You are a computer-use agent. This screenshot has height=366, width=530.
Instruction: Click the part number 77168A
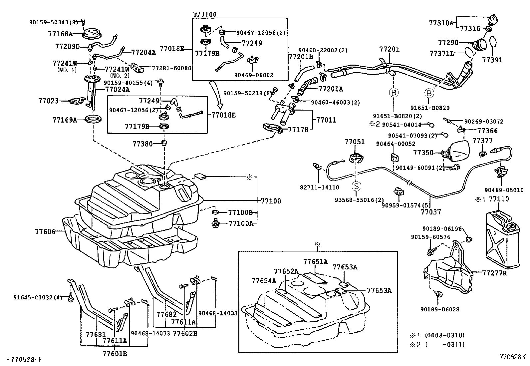click(60, 34)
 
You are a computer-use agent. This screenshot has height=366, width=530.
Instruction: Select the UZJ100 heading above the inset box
click(204, 15)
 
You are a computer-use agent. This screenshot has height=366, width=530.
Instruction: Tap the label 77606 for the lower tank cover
click(45, 231)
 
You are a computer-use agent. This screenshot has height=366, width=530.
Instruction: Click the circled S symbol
click(357, 186)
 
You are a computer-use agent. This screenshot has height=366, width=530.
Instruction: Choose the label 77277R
click(495, 273)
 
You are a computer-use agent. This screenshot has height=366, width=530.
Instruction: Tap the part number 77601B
click(115, 354)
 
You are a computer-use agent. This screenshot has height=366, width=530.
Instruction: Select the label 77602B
click(185, 333)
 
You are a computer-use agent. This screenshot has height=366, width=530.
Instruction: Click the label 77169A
click(64, 120)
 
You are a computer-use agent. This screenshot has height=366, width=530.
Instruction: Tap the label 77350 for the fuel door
click(423, 153)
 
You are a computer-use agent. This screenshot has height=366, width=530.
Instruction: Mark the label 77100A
click(241, 223)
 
